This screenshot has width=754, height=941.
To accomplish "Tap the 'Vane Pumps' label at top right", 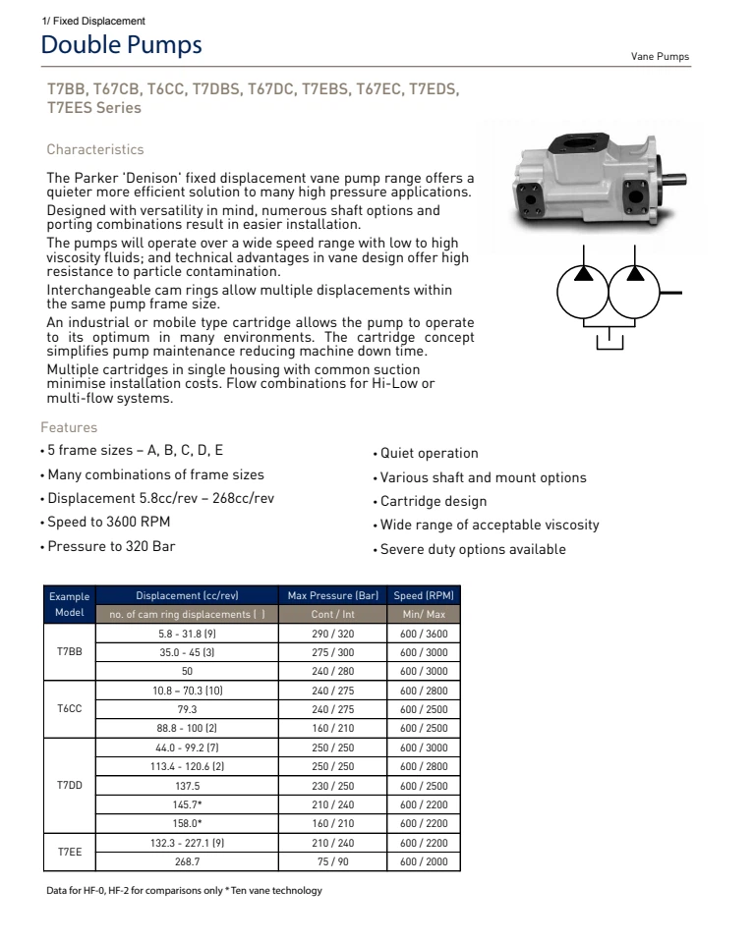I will pos(660,57).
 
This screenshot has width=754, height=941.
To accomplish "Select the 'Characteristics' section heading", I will pos(95,150).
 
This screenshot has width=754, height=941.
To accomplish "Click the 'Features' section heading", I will pos(69,428).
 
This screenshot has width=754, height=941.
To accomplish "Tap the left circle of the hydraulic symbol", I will pos(583,291).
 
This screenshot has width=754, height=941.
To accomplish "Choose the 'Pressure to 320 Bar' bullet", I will pos(111,545).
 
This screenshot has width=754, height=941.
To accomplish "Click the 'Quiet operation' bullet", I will pos(426,454).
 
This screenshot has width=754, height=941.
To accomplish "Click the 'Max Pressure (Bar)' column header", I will pos(332,596).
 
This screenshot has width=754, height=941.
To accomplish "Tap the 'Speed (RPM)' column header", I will pos(424,596).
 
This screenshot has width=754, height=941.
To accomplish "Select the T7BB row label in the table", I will pos(69,650).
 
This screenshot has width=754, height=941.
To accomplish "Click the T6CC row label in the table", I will pos(69,706).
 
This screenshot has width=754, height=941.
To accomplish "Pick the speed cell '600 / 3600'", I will pos(424,632).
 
